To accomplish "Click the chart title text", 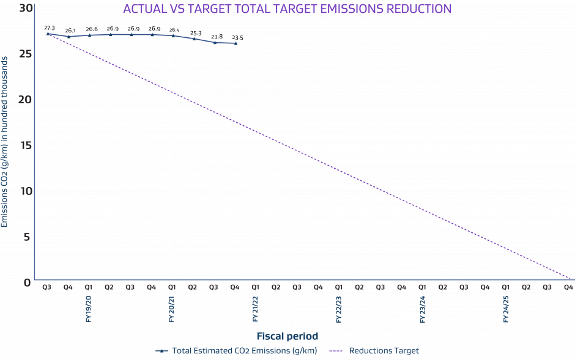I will pos(287,9).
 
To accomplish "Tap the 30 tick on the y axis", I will pos(25,9).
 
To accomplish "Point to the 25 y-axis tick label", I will pos(25,54).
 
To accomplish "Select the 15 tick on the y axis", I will pos(25,145).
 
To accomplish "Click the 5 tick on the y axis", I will pos(28,237).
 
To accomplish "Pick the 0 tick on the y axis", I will pos(28,282).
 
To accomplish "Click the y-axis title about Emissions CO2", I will pos(5,142).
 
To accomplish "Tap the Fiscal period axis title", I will pos(287,336).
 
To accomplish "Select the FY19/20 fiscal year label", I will pos(89,309).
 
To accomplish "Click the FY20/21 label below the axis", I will pos(172,309).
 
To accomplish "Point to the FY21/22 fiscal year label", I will pos(255,309).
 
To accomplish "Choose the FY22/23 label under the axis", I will pos(338,309).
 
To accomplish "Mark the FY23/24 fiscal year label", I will pos(422,309).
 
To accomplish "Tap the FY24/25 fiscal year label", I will pos(505,309).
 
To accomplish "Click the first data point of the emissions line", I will pos(48,34).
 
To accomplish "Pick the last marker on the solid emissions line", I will pos(236,43).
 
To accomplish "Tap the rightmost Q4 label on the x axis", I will pos(568,286).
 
